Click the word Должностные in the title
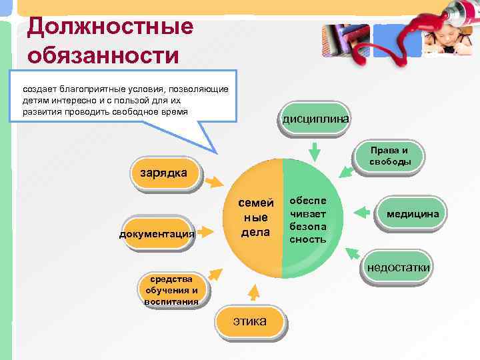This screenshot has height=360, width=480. pyautogui.click(x=110, y=27)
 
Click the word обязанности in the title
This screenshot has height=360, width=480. pyautogui.click(x=103, y=55)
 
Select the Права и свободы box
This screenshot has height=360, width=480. pyautogui.click(x=391, y=156)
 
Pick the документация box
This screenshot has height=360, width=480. pyautogui.click(x=157, y=234)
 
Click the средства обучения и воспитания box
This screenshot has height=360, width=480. pyautogui.click(x=171, y=291)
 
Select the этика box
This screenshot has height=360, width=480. pyautogui.click(x=250, y=322)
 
